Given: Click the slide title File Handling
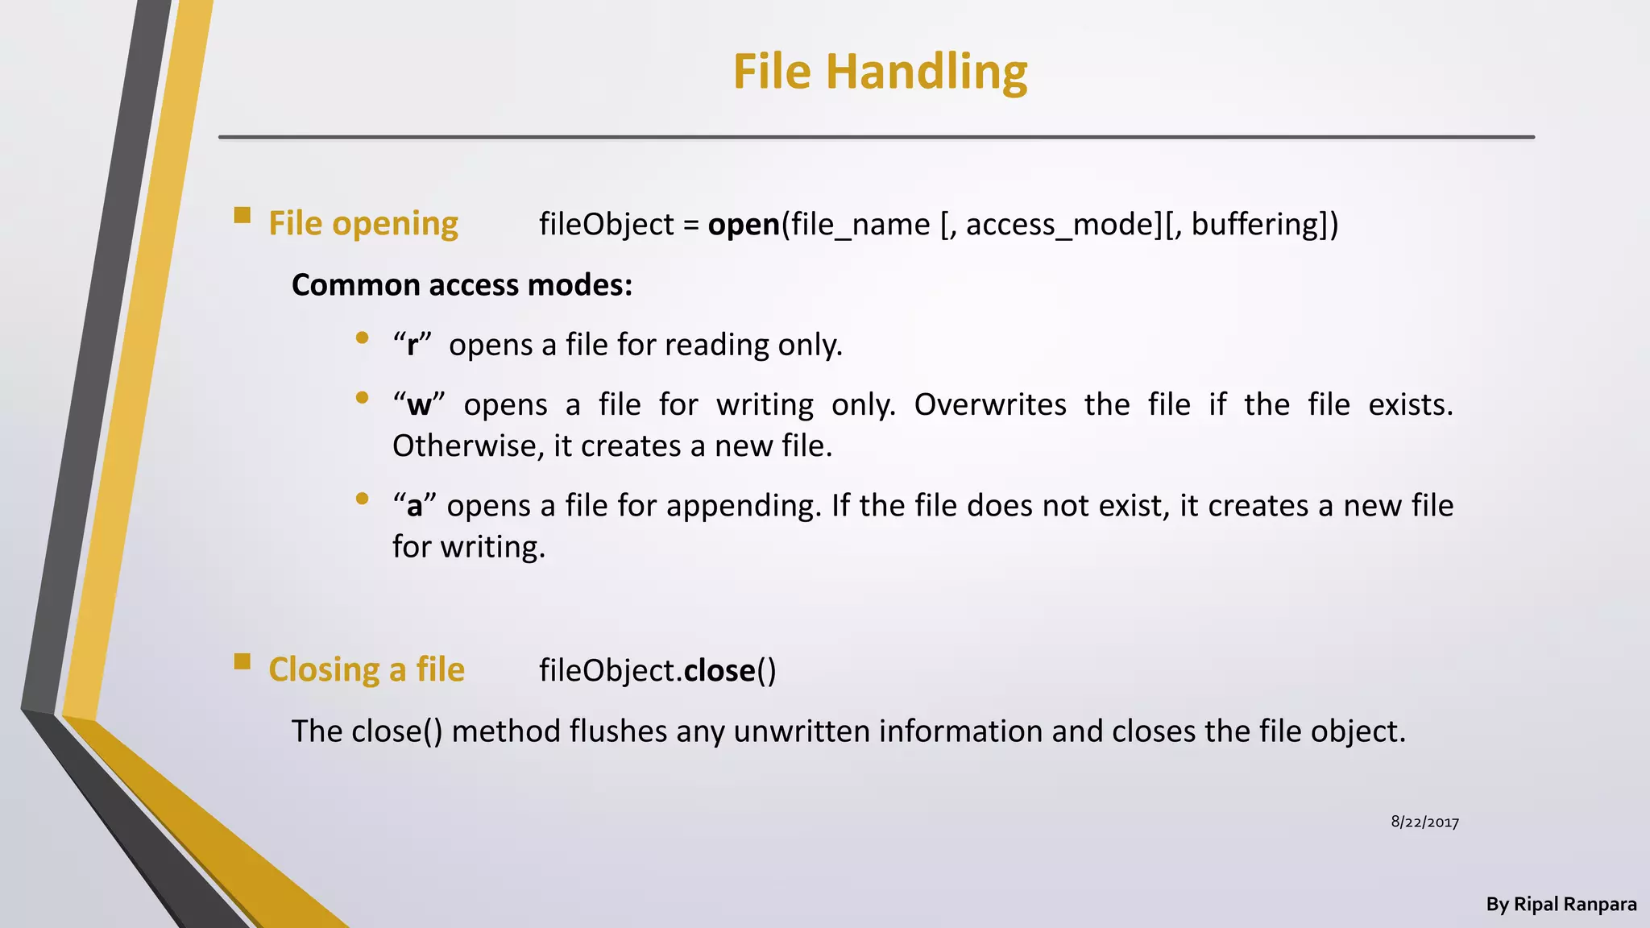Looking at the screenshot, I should click(880, 72).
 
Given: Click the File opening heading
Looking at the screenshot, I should click(363, 224).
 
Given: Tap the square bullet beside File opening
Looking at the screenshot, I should click(242, 215).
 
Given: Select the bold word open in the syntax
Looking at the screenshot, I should click(744, 225).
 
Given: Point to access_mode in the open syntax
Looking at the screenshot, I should click(1060, 225).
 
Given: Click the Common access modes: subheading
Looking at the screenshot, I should click(462, 285).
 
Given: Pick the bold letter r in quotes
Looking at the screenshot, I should click(412, 346).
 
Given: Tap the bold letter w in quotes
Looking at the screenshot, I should click(419, 405).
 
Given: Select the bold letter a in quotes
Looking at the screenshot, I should click(414, 507).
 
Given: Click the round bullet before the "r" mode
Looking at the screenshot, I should click(362, 338).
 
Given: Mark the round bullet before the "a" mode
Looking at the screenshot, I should click(362, 499).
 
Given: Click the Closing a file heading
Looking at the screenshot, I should click(367, 670).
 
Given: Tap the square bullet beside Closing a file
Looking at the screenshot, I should click(242, 661).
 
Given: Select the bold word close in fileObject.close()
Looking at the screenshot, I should click(719, 671).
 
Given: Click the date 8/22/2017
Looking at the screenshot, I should click(1424, 822).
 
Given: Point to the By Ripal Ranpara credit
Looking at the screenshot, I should click(1561, 905).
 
